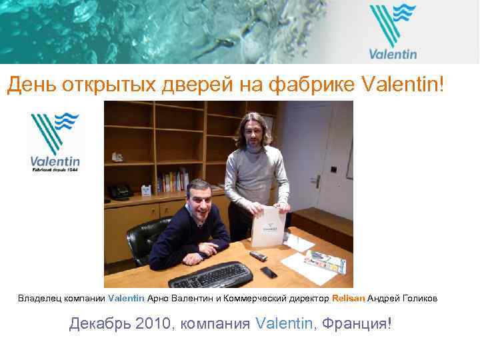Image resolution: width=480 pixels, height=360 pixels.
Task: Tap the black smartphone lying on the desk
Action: coord(269,272)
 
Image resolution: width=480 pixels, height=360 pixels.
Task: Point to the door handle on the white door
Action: coord(319,180)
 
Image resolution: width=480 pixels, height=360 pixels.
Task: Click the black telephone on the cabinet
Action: coord(121,191)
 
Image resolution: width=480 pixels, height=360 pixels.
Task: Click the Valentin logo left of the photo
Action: coord(55,143)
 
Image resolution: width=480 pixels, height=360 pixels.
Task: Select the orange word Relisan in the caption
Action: coord(348,299)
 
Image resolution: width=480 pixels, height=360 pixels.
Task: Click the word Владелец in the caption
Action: coord(39,299)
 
